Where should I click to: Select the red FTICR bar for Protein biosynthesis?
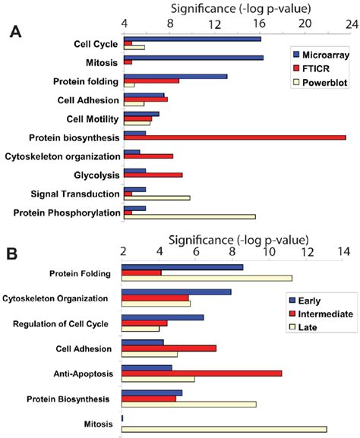click(x=235, y=137)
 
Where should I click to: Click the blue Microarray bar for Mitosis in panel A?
click(x=193, y=58)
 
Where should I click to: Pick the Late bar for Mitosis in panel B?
click(x=224, y=429)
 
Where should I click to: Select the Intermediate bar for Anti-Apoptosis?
click(x=202, y=373)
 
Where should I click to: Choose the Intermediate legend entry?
click(x=318, y=314)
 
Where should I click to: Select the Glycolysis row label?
click(x=93, y=175)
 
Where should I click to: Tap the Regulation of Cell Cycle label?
click(x=61, y=324)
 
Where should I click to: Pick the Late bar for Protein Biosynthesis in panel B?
click(x=189, y=404)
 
